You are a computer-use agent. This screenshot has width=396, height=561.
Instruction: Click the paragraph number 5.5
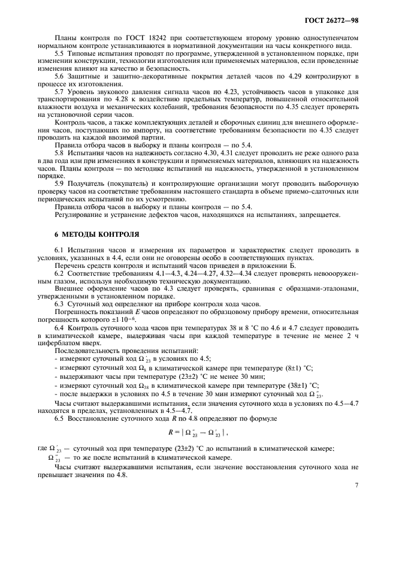click(x=60, y=54)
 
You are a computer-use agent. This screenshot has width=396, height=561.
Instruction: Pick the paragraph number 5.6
click(x=60, y=77)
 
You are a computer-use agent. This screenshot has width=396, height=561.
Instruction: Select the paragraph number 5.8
click(x=60, y=153)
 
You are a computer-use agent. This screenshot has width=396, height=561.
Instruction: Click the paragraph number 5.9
click(x=60, y=183)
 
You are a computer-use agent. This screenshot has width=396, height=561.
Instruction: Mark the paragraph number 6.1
click(x=60, y=249)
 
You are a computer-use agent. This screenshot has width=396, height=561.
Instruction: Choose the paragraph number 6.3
click(x=60, y=303)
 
